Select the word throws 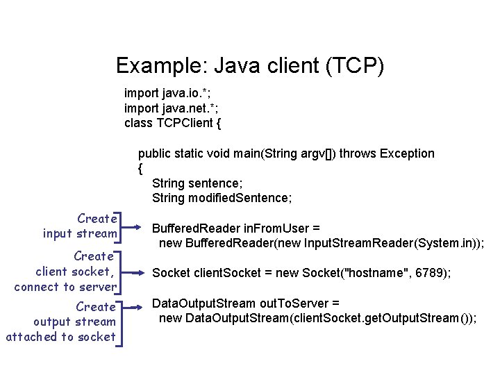[356, 153]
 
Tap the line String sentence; [197, 183]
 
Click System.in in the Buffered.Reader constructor [442, 243]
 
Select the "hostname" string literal [379, 274]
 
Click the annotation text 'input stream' [79, 233]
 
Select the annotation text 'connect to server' [65, 287]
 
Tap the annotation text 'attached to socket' [60, 337]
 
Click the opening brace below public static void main [140, 168]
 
